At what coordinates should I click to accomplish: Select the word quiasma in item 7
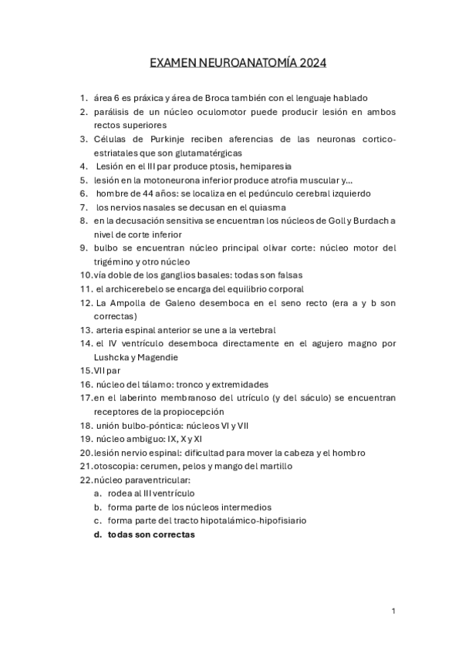pos(266,207)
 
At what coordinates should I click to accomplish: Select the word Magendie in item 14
pos(157,357)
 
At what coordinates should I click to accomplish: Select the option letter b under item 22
pos(98,507)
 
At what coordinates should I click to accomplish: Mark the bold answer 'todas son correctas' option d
pos(151,534)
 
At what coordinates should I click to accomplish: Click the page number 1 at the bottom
pos(393,611)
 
